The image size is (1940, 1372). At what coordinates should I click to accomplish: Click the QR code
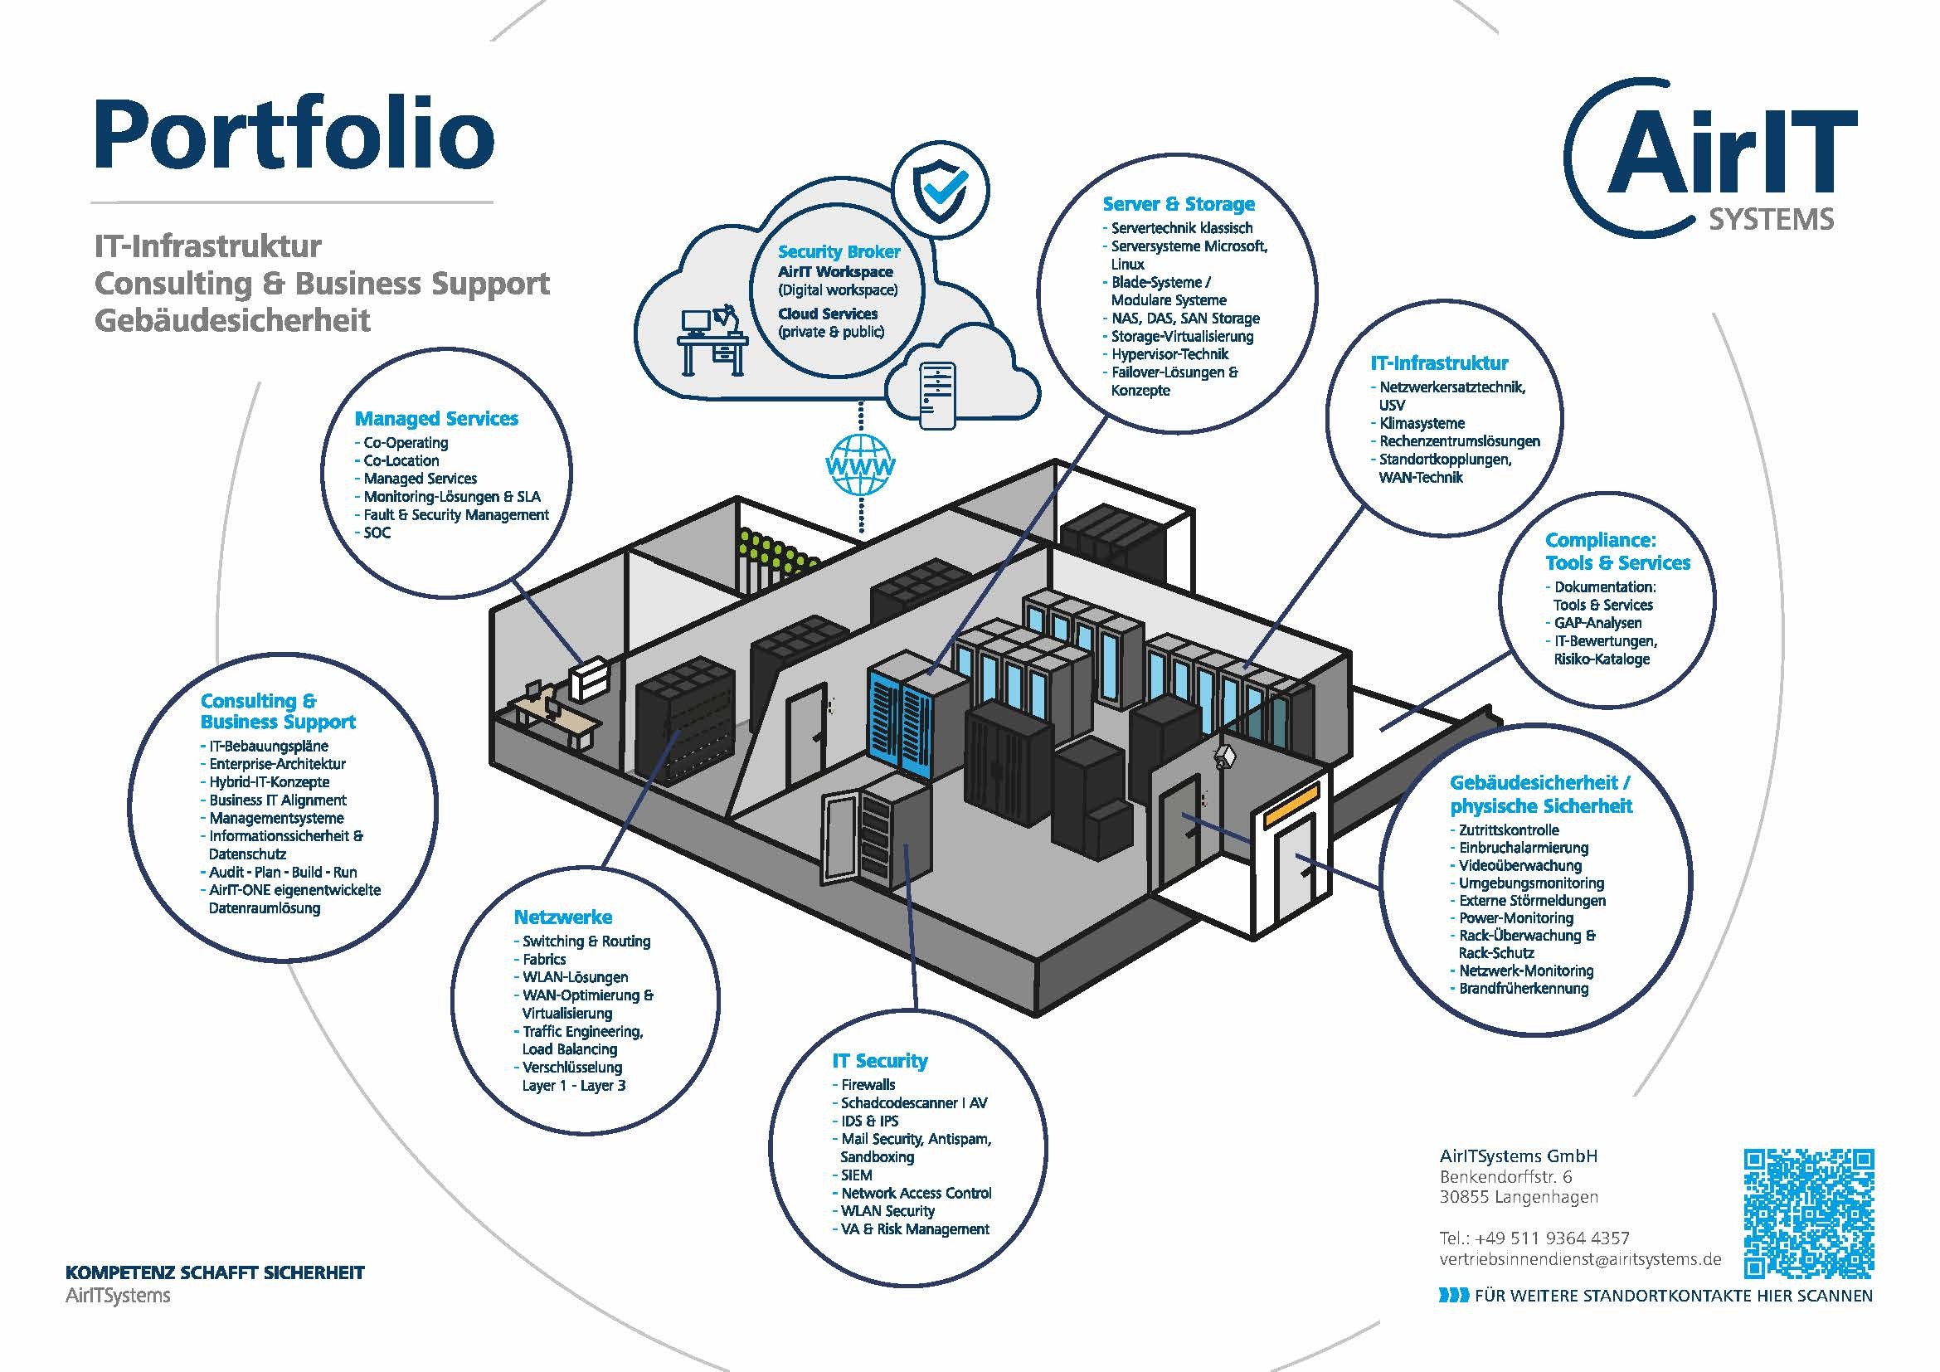[1809, 1214]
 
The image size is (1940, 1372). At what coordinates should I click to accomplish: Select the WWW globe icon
[860, 464]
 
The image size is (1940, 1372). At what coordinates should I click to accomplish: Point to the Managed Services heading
[436, 418]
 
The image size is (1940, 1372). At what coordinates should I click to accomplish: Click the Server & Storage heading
[1178, 203]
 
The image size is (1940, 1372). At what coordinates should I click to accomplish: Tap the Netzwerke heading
[562, 917]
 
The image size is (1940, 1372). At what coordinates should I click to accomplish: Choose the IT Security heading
[879, 1060]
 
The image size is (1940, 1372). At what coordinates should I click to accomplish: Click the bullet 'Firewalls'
[868, 1084]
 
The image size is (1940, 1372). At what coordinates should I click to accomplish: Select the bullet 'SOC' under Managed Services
[377, 533]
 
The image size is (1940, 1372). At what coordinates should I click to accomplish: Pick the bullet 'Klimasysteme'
[1422, 423]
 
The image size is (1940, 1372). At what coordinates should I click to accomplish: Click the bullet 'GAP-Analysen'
[1597, 623]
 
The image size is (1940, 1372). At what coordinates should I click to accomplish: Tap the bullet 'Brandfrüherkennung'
[1524, 988]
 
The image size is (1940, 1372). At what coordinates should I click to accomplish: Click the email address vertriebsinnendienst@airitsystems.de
[1580, 1258]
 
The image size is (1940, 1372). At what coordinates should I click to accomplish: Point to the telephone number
[1534, 1238]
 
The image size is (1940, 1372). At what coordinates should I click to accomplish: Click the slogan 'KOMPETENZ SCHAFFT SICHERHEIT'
[215, 1272]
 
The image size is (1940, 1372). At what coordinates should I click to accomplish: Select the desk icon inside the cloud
[714, 339]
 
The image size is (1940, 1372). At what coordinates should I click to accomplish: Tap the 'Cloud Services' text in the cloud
[827, 314]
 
